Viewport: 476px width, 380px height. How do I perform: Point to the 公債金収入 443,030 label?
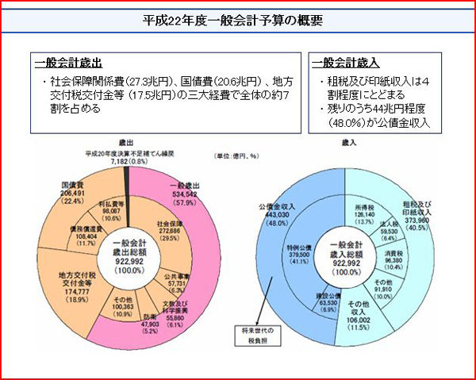pos(271,215)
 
